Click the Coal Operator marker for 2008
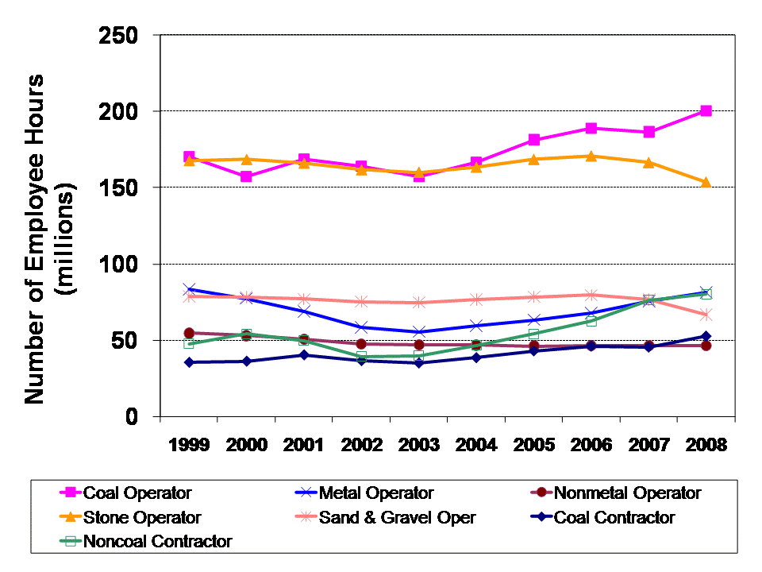[706, 111]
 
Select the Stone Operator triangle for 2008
[706, 182]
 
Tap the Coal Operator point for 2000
[247, 176]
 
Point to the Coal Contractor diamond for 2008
[706, 336]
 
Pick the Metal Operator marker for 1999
[189, 290]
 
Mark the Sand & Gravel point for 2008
[706, 315]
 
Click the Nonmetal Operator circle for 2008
[706, 346]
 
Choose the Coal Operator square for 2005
[534, 140]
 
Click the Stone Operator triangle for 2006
[591, 156]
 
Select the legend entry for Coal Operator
[137, 493]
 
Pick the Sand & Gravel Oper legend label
[397, 518]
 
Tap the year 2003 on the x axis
[419, 445]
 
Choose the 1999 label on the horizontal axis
[189, 445]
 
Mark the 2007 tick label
[648, 445]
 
